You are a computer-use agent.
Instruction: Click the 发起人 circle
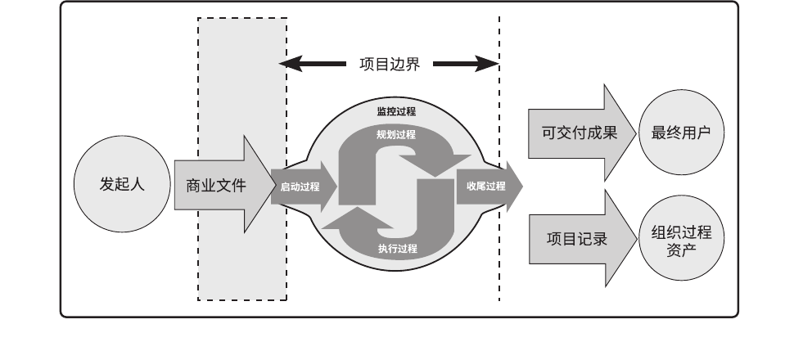tap(122, 186)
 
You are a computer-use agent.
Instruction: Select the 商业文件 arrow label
tap(216, 186)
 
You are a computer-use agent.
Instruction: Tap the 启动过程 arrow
tap(300, 187)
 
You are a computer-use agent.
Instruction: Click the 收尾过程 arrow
tap(486, 186)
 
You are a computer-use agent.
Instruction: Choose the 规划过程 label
tap(396, 134)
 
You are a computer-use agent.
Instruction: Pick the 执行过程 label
tap(397, 248)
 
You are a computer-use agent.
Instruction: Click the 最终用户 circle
tap(682, 133)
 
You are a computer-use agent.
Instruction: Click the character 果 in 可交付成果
tap(608, 133)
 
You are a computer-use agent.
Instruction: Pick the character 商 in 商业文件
tap(193, 186)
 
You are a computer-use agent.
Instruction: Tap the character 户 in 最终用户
tap(705, 133)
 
